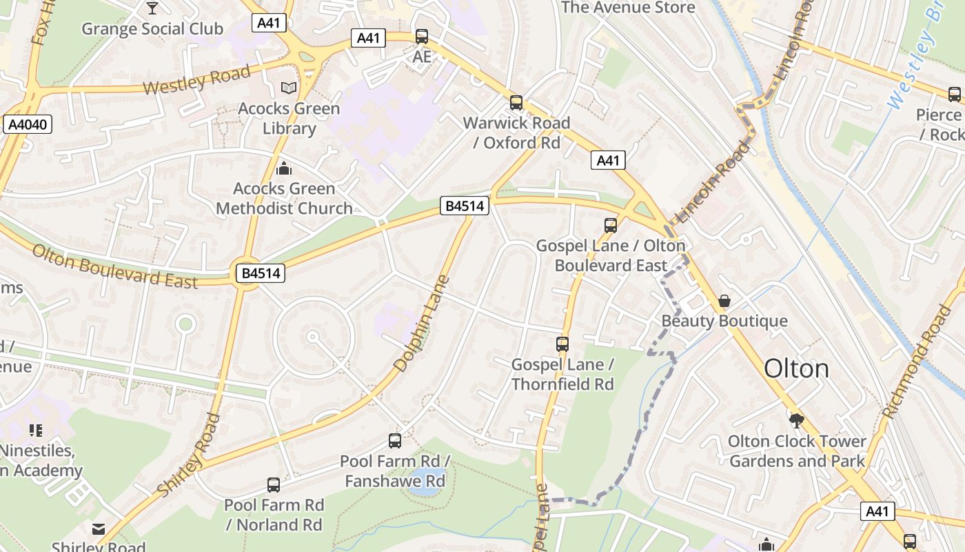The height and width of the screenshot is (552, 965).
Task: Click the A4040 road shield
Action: click(28, 124)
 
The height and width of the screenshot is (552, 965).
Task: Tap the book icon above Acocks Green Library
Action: click(289, 88)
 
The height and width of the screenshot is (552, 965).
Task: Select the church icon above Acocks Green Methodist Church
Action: click(283, 168)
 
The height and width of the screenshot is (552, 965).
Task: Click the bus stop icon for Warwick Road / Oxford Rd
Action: click(516, 103)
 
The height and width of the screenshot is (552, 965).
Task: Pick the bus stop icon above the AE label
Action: click(421, 37)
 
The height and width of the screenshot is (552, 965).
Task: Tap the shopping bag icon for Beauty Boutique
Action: click(724, 301)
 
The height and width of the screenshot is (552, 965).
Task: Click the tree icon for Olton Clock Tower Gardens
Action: click(797, 420)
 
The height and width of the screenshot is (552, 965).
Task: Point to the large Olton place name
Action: click(796, 368)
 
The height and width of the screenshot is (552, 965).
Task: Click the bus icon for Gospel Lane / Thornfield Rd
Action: click(562, 344)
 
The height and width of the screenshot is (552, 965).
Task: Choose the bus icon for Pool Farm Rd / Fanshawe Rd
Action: click(395, 440)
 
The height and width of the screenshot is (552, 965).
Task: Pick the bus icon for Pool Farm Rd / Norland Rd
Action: click(274, 484)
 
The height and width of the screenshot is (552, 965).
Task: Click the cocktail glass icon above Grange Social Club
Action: click(152, 8)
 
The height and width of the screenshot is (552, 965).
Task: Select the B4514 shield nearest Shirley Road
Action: click(261, 273)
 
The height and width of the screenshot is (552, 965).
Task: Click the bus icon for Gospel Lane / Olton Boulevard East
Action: click(610, 225)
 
